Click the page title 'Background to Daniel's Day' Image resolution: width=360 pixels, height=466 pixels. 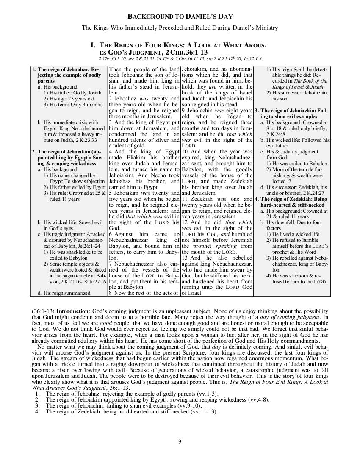(180, 17)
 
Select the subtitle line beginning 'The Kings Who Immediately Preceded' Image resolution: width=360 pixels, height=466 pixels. (180, 28)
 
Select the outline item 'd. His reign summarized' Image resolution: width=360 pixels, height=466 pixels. (64, 293)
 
